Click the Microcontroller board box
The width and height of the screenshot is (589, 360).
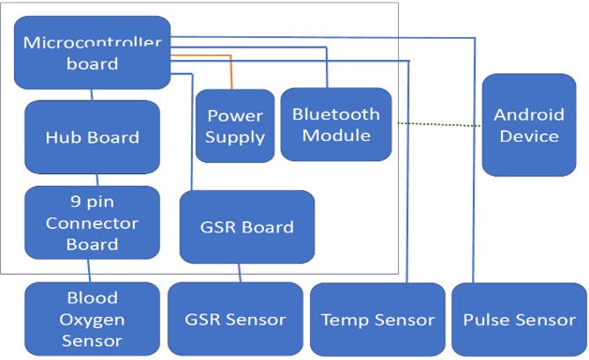tap(92, 53)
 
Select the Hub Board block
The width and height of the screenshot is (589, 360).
tap(92, 136)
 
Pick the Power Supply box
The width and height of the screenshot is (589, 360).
tap(235, 126)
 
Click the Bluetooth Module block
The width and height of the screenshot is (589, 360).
tap(335, 124)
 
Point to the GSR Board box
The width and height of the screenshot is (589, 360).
tap(247, 226)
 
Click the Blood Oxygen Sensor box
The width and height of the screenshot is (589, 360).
tap(92, 319)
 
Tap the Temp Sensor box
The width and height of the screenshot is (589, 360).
tap(378, 319)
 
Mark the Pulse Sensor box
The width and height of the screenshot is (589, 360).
tap(519, 319)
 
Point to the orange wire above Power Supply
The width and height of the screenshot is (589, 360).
tap(231, 72)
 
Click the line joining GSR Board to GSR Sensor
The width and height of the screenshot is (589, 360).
tap(239, 273)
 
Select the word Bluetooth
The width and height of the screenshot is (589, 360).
tap(335, 114)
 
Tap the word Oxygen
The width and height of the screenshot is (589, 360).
tap(92, 319)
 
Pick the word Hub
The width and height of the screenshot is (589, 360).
tap(63, 137)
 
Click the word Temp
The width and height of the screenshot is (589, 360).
tap(340, 320)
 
